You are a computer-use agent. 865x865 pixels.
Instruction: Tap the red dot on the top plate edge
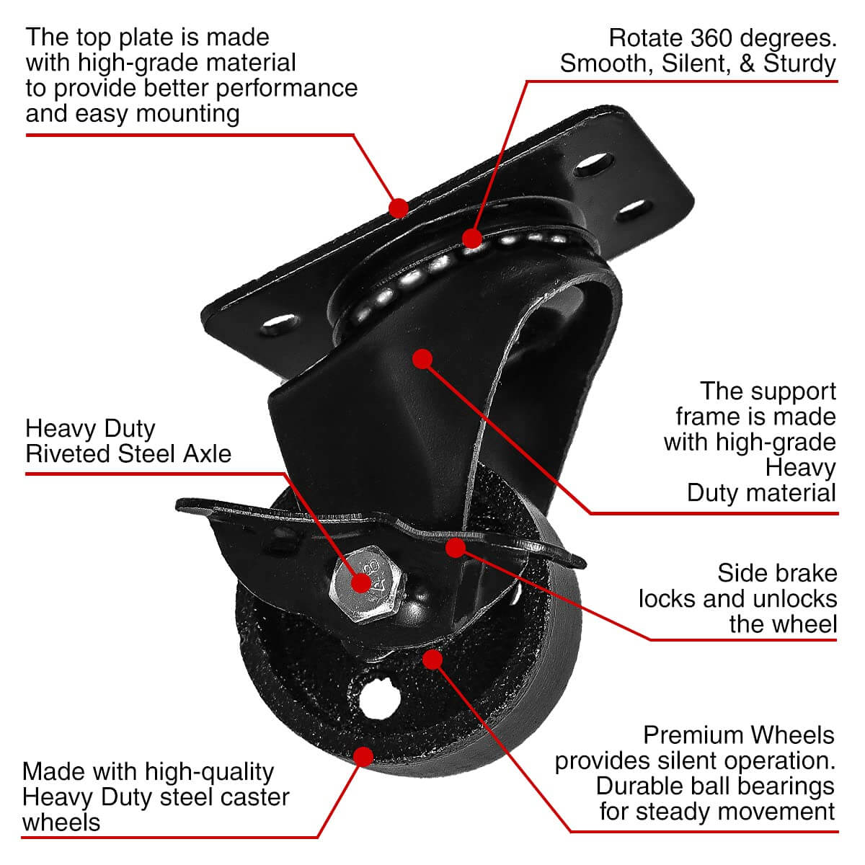point(398,208)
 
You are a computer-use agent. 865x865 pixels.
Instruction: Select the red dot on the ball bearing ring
point(472,237)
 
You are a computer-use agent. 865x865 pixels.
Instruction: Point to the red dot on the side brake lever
point(455,547)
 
